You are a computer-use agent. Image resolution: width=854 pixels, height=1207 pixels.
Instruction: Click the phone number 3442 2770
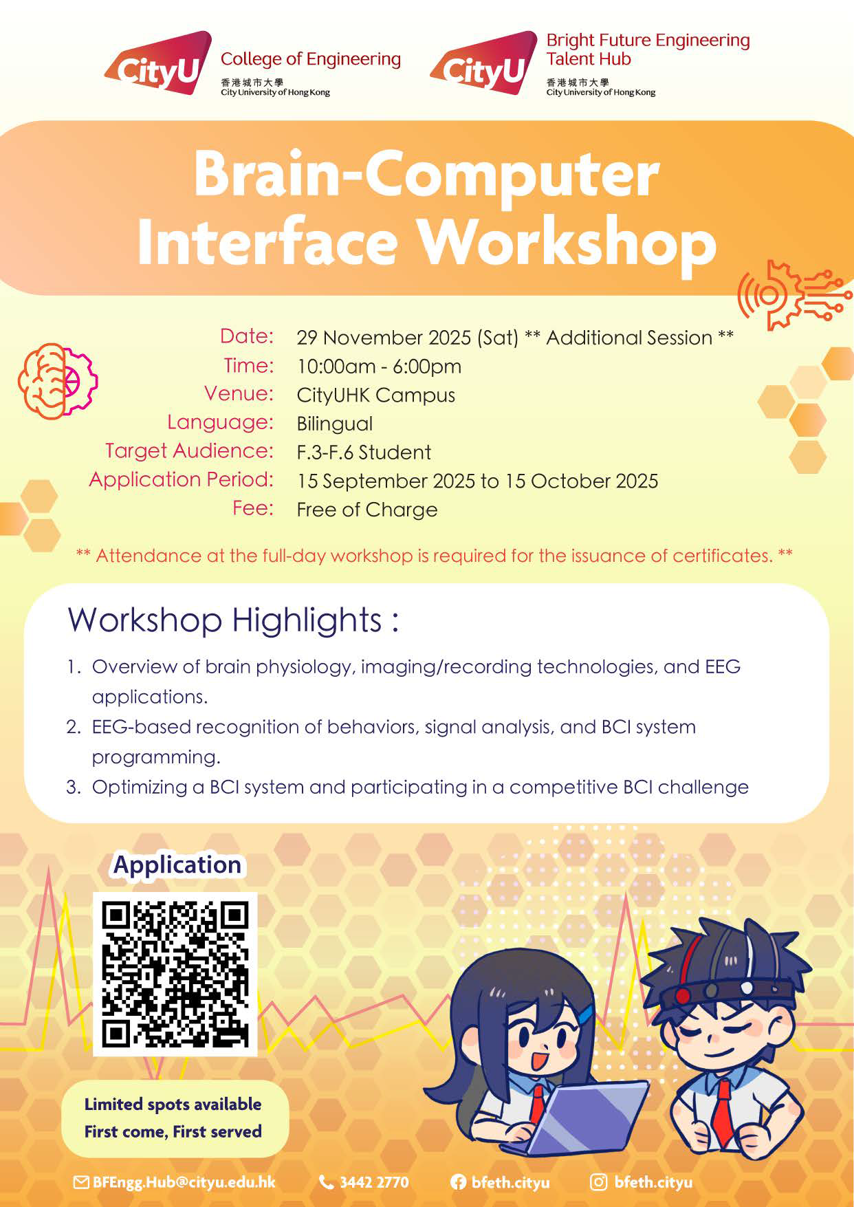point(374,1182)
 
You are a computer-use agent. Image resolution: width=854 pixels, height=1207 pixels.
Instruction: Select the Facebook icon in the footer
point(458,1182)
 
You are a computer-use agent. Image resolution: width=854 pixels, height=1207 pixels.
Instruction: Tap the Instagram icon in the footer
point(599,1182)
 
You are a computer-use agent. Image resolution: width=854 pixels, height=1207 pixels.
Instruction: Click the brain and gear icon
point(58,381)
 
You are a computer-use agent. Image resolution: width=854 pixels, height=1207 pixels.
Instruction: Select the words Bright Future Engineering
point(648,41)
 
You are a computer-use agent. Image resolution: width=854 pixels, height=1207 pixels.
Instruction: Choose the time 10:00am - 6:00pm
point(379,367)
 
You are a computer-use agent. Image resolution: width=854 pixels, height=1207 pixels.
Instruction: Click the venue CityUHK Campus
point(375,395)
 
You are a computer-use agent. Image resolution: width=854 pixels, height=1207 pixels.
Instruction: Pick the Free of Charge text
point(366,510)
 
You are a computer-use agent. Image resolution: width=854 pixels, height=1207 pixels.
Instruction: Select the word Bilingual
point(334,424)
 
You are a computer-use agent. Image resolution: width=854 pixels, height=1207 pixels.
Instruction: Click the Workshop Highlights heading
point(233,620)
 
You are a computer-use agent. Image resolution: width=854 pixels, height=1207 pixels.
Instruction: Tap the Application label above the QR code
point(177,865)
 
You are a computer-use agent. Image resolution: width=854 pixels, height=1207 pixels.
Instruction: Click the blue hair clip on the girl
point(585,1012)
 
